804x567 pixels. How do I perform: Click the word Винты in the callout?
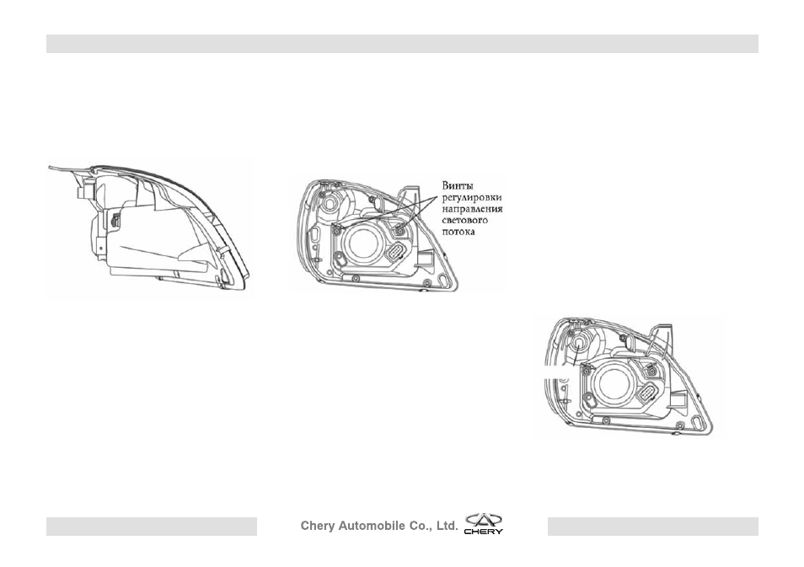458,185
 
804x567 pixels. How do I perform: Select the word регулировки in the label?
472,197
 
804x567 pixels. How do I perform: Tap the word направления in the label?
472,209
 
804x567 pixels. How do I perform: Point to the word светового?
464,221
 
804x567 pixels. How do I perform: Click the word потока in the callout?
458,232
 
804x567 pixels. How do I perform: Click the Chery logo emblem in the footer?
484,524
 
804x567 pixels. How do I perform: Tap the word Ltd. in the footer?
446,526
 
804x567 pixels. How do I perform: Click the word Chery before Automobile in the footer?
318,526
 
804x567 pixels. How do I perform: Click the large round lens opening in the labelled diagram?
362,245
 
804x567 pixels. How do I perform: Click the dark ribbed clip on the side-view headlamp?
115,221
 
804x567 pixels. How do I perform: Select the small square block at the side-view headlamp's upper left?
83,193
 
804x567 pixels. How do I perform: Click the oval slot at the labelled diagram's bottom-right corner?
442,278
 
